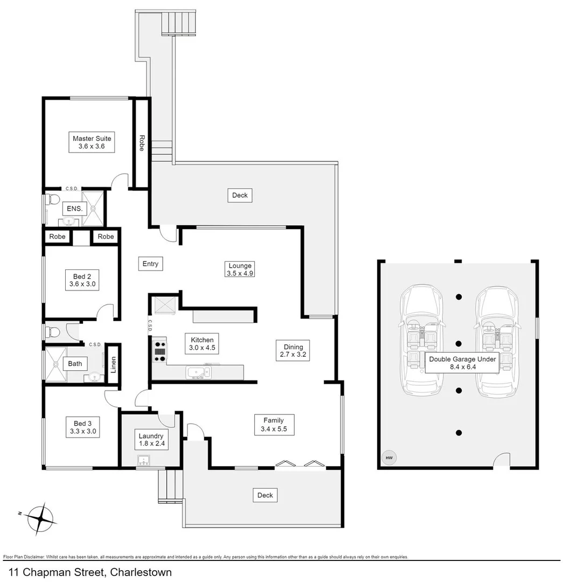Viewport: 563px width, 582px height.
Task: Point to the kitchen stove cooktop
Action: pos(160,351)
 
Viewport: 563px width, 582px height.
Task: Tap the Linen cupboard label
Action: pos(113,365)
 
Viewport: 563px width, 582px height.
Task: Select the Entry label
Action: pos(150,264)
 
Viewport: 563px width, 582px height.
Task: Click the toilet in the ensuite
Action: pos(52,200)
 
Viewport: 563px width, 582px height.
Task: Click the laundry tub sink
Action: pos(144,460)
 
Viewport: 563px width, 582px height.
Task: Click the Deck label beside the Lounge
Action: pos(240,195)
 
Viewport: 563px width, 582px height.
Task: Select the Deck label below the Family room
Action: pos(265,495)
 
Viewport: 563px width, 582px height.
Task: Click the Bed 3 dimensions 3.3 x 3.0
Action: pos(79,431)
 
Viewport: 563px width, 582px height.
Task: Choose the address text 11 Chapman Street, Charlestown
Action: pos(90,572)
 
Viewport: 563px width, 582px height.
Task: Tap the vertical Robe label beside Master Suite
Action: pos(141,142)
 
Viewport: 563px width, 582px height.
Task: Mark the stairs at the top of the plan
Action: pos(179,23)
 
